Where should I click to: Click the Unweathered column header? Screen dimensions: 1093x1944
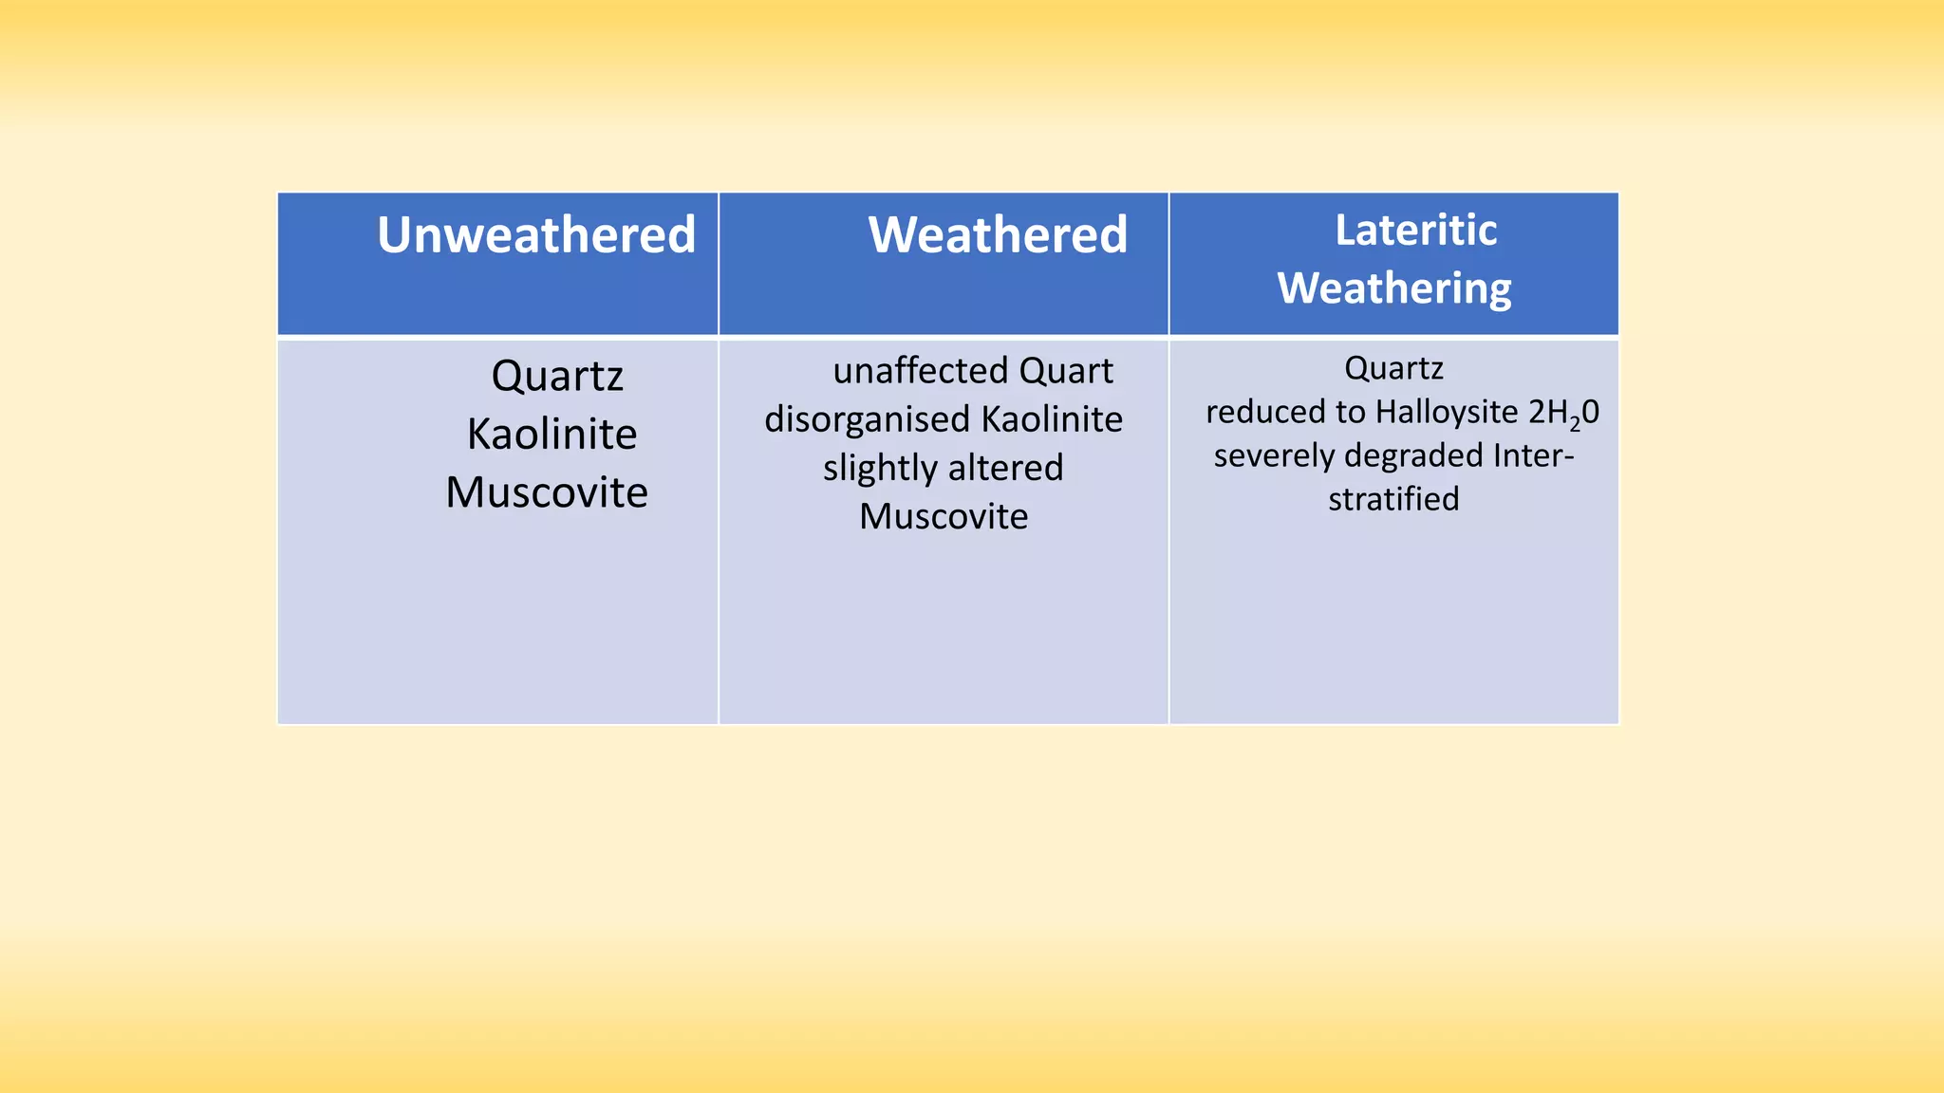536,235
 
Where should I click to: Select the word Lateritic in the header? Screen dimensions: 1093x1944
1415,231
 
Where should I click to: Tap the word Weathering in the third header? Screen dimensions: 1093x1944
1393,288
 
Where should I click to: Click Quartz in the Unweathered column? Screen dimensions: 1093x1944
557,377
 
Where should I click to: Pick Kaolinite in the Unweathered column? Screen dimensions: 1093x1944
551,435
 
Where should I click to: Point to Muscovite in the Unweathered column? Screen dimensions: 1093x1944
547,492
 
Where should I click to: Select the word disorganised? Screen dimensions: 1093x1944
867,419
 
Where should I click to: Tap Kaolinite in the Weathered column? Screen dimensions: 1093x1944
1052,419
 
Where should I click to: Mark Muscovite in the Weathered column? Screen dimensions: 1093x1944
944,517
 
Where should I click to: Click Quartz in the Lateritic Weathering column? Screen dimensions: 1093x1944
1393,368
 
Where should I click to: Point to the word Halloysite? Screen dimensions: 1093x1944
1447,413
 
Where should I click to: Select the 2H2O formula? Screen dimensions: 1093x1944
1564,413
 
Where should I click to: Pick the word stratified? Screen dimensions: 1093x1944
1393,499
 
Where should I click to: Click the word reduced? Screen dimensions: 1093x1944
1266,412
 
